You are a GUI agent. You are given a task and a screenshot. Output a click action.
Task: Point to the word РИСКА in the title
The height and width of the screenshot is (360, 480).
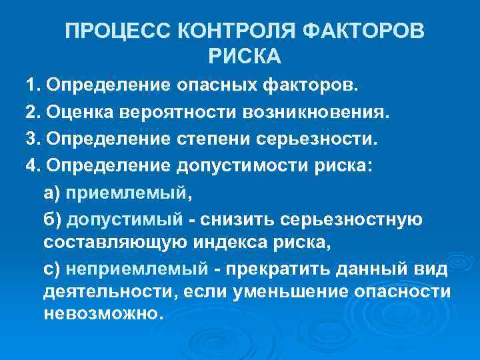[245, 57]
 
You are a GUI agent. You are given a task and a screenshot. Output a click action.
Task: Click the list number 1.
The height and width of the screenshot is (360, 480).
[31, 86]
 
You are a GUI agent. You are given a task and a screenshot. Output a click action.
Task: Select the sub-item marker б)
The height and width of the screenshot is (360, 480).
[51, 220]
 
